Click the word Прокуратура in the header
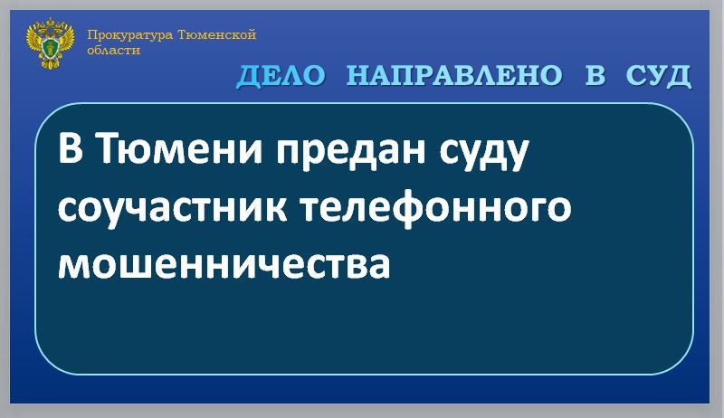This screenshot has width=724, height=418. tap(120, 35)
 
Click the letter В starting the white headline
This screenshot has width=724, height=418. tap(70, 149)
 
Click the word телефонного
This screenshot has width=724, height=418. tap(436, 209)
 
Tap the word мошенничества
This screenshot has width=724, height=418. tap(224, 263)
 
